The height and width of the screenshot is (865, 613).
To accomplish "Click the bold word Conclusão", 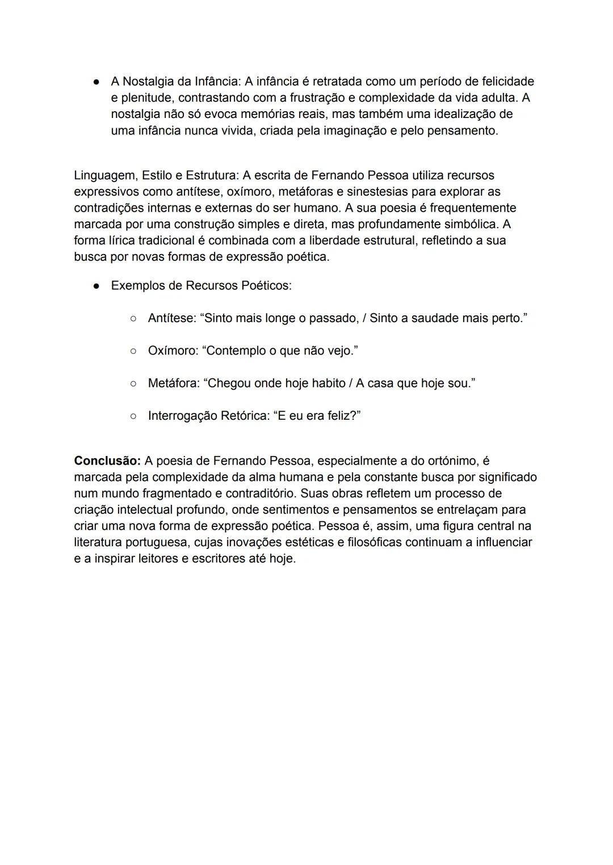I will (x=107, y=461).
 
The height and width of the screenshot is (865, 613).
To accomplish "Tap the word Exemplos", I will (x=138, y=285).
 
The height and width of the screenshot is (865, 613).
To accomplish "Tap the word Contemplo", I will (x=234, y=351).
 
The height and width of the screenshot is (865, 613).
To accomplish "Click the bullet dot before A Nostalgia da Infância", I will (x=96, y=82).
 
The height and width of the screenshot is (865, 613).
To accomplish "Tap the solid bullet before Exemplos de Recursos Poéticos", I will (x=96, y=286).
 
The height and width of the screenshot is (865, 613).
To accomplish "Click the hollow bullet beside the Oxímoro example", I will (x=133, y=351).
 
